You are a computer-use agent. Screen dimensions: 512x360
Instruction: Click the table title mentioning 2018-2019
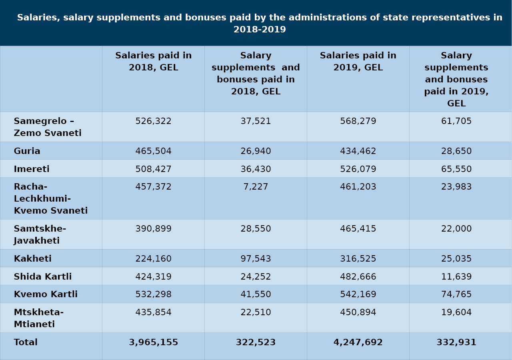[x=260, y=23]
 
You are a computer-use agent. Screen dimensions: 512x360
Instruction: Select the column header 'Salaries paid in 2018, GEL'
[x=153, y=62]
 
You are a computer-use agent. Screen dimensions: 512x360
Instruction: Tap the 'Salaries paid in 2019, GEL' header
[x=358, y=62]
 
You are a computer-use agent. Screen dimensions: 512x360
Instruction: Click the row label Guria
[x=27, y=151]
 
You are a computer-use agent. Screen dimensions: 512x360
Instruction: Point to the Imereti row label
[x=32, y=169]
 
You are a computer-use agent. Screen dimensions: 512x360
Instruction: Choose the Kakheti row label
[x=33, y=258]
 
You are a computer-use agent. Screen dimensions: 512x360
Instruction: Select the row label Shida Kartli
[x=43, y=276]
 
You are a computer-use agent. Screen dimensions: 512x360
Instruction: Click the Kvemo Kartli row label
[x=46, y=294]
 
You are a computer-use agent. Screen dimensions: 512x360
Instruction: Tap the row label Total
[x=26, y=342]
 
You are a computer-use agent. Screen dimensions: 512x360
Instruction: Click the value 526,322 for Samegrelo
[x=153, y=121]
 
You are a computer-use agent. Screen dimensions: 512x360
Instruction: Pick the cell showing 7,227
[x=256, y=187]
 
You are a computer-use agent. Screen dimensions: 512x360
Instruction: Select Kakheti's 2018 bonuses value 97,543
[x=256, y=258]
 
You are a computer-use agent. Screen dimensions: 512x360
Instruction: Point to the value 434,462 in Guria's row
[x=358, y=151]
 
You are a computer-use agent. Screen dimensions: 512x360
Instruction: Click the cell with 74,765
[x=456, y=294]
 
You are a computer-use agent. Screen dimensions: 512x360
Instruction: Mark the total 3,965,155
[x=153, y=342]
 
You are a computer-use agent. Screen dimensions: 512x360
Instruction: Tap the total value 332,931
[x=456, y=342]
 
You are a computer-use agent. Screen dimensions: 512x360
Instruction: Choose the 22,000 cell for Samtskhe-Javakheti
[x=456, y=228]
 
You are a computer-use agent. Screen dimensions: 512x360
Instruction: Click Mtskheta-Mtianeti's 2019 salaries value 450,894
[x=358, y=312]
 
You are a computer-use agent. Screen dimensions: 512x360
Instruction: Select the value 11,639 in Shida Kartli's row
[x=456, y=276]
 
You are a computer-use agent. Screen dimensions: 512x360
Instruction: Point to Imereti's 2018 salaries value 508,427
[x=153, y=169]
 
